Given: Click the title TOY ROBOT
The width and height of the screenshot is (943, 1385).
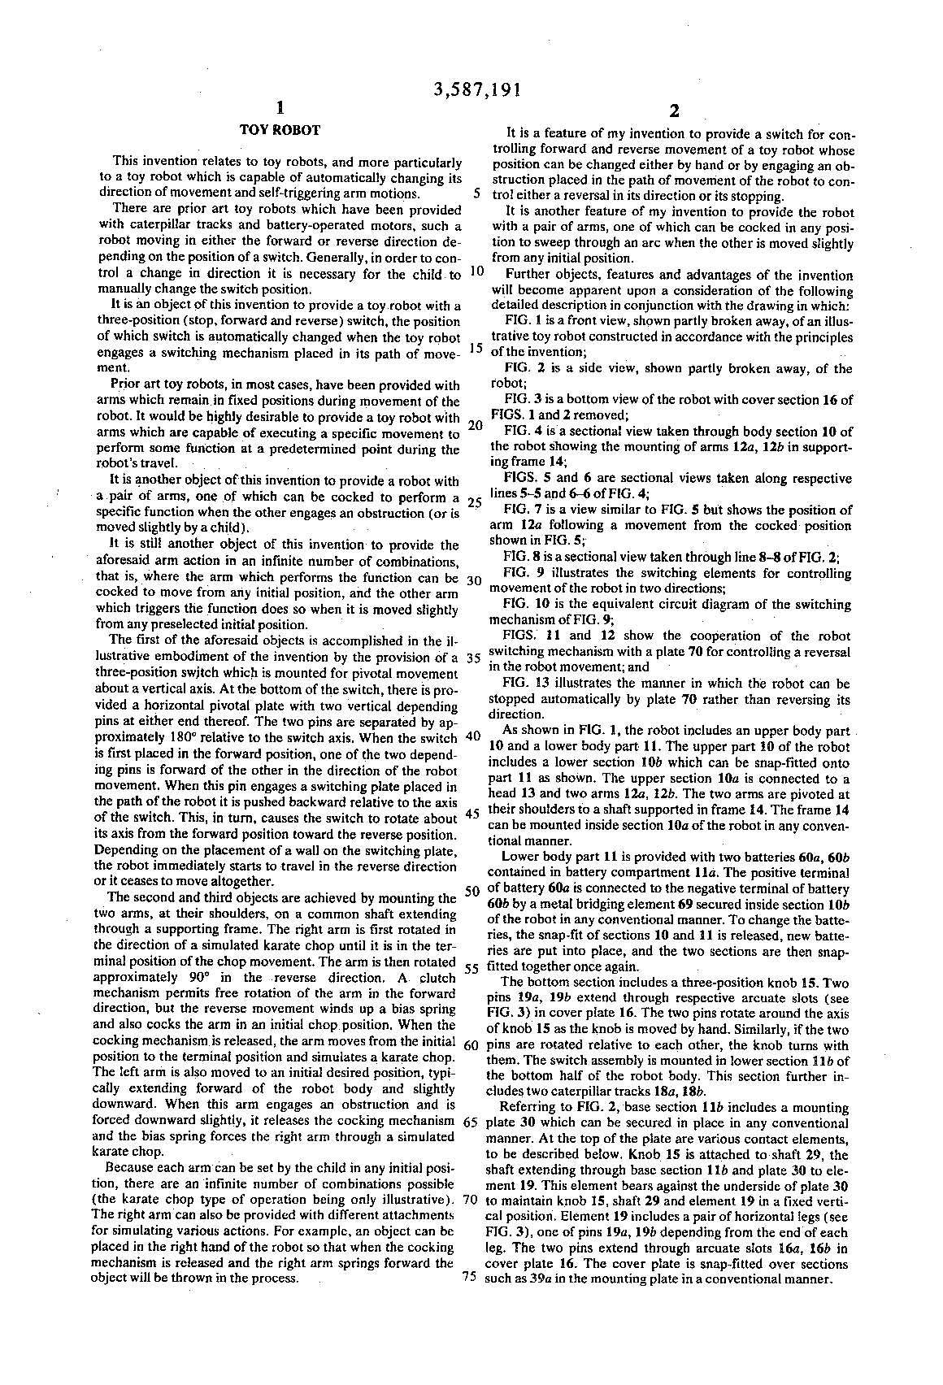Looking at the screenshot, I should tap(280, 130).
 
